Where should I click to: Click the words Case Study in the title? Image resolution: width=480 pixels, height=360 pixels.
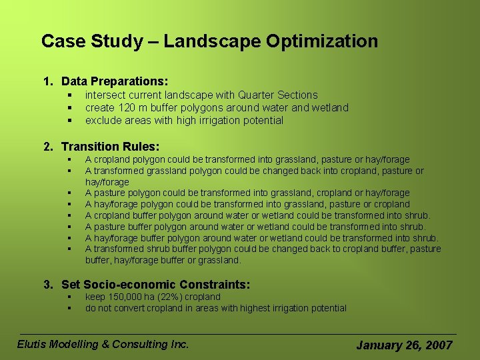coord(91,41)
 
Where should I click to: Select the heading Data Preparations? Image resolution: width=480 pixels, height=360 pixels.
coord(114,81)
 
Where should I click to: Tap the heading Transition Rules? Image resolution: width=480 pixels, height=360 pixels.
coord(110,147)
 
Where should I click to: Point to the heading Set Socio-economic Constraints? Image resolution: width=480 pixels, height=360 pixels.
coord(155,285)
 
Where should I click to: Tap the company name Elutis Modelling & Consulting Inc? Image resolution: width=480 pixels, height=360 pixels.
coord(103,344)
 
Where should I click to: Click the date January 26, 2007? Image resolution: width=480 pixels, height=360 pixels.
coord(404,345)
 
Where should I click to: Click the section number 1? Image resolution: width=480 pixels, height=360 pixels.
coord(47,81)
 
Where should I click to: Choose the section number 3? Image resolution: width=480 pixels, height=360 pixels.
coord(47,285)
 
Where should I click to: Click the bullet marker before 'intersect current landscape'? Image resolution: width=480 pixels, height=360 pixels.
coord(69,95)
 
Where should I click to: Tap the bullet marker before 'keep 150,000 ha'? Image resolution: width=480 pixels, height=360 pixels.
coord(69,297)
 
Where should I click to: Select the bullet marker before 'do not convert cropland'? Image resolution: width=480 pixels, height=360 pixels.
coord(69,308)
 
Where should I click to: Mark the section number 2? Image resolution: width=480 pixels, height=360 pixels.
coord(47,147)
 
